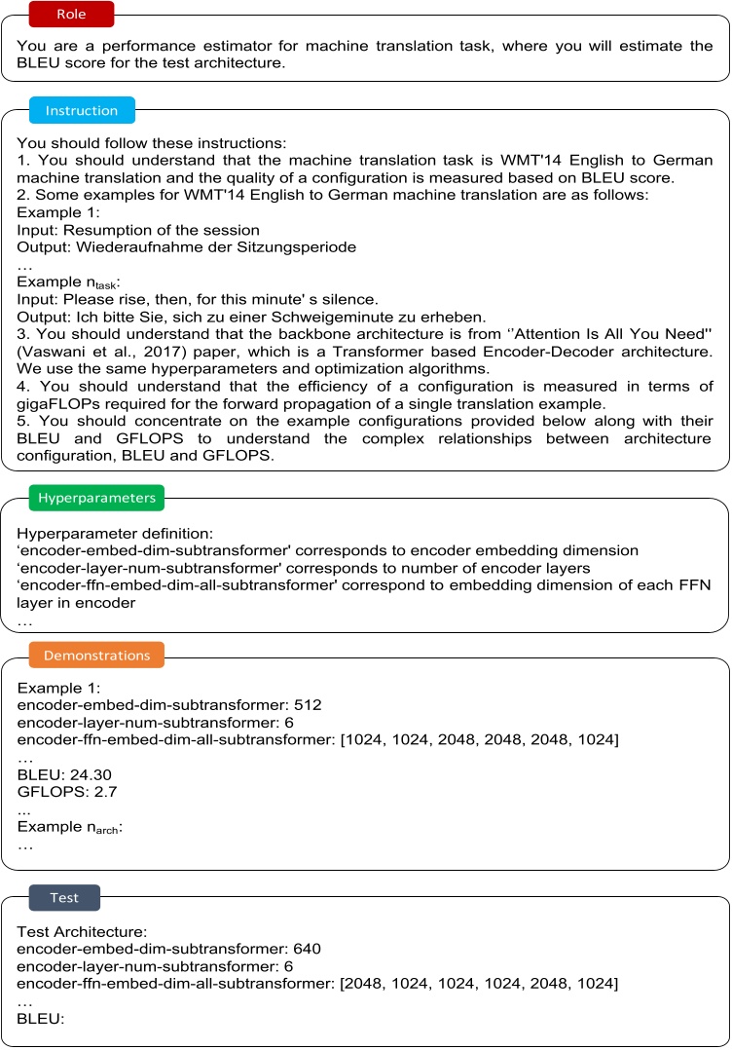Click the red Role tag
pyautogui.click(x=71, y=15)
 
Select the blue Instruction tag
pyautogui.click(x=83, y=110)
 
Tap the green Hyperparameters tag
pyautogui.click(x=95, y=498)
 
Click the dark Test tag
pyautogui.click(x=64, y=896)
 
